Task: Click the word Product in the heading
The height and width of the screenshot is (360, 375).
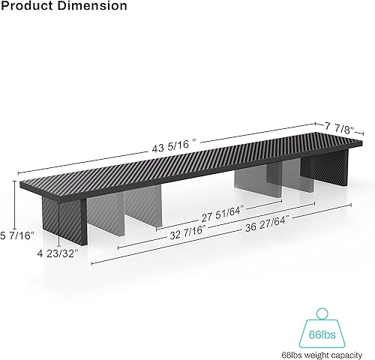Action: [27, 6]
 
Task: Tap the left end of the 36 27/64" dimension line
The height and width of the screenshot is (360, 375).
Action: [91, 263]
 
